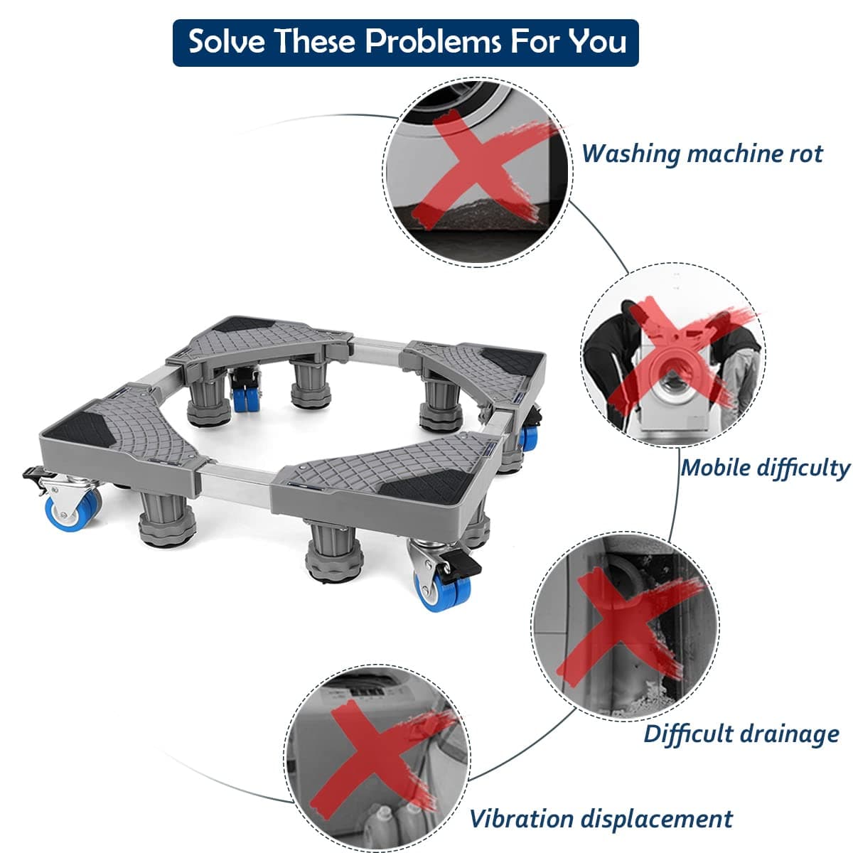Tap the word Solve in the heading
tap(226, 42)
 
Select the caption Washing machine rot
tap(702, 154)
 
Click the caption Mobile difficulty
tap(765, 468)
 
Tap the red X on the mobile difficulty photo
tap(677, 354)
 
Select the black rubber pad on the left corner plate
tap(82, 429)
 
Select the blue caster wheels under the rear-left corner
tap(245, 398)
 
